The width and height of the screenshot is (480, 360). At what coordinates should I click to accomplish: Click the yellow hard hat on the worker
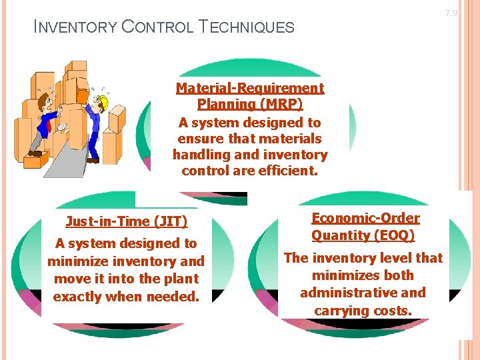102,101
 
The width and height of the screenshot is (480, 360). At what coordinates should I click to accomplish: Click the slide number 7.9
451,13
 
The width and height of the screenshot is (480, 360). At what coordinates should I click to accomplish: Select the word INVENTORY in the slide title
73,27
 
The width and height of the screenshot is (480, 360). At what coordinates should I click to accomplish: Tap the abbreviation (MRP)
277,104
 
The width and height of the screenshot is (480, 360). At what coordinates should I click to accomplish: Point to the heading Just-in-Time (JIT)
127,221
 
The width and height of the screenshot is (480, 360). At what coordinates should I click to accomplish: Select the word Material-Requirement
250,88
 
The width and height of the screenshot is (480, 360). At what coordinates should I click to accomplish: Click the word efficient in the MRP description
291,171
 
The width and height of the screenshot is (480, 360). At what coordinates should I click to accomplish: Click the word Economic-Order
365,218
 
